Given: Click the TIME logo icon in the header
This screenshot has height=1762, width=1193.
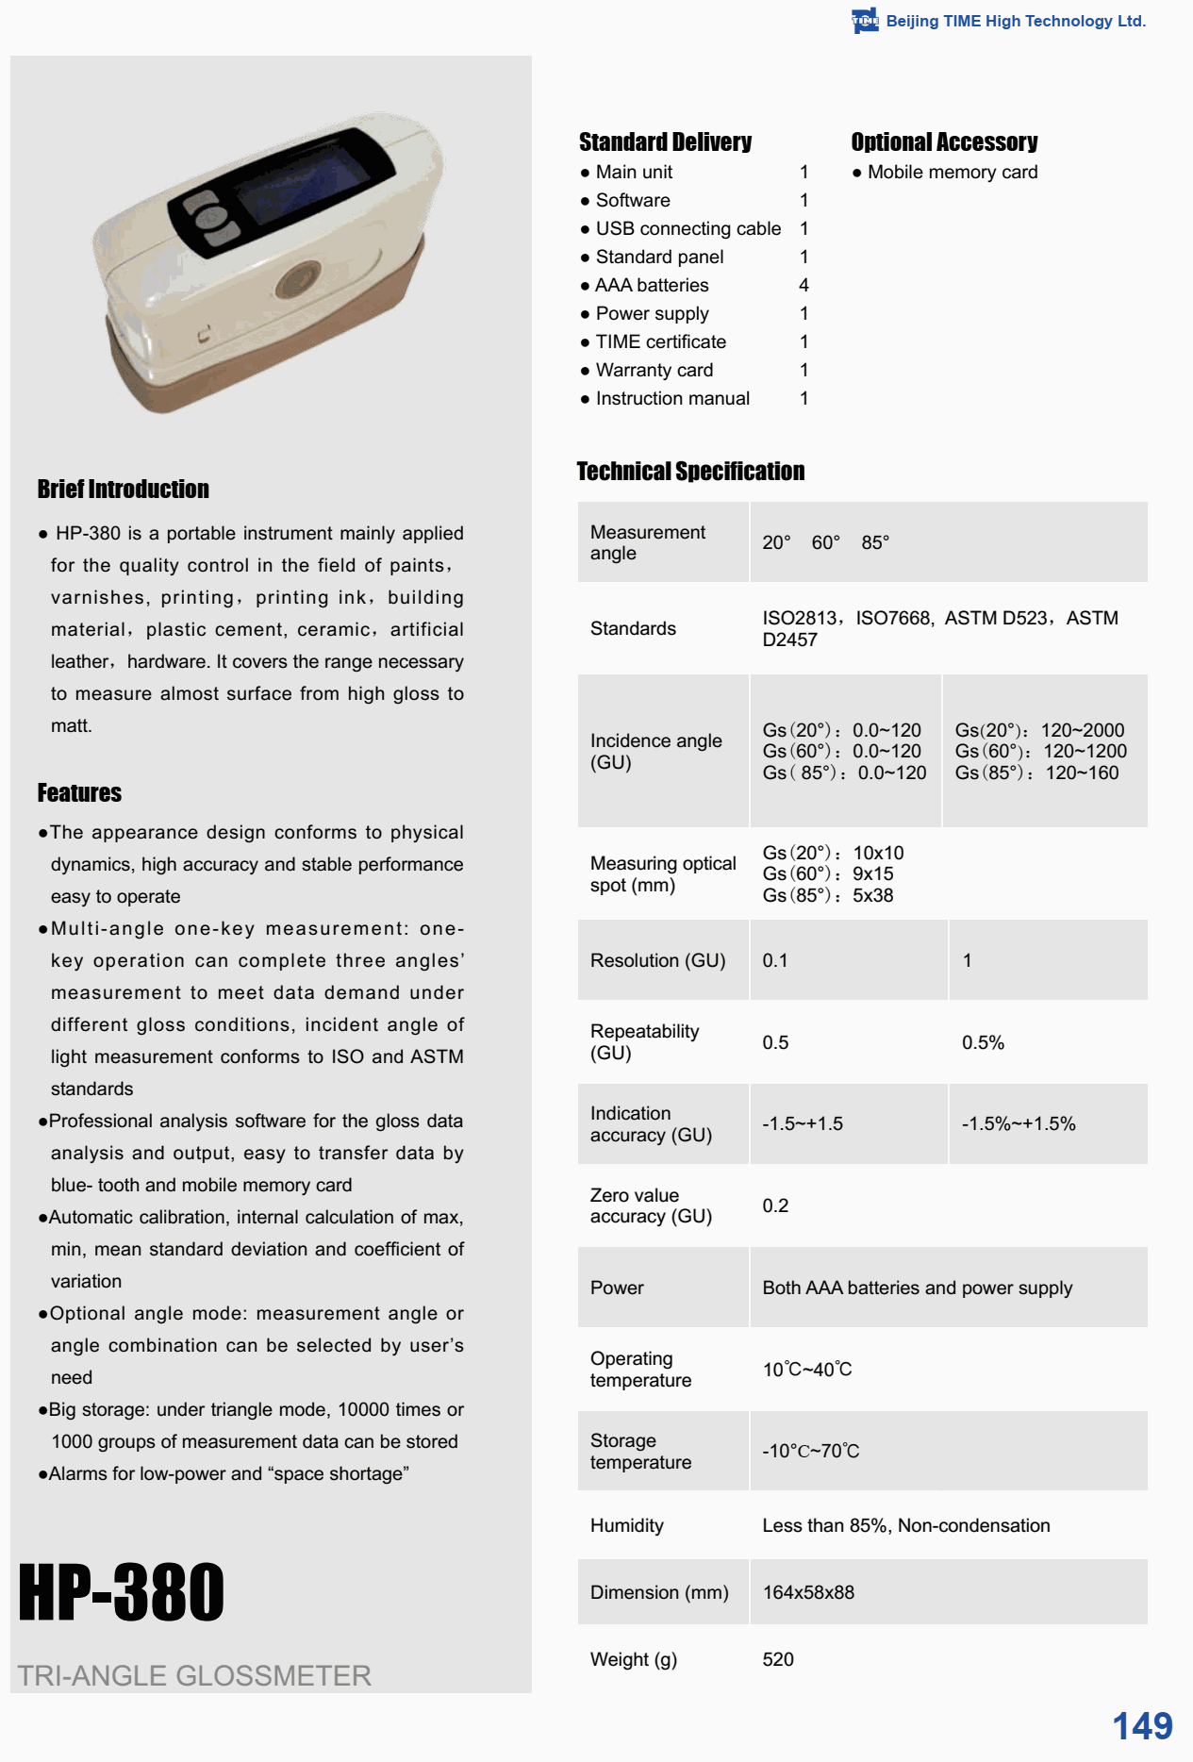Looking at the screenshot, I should (864, 21).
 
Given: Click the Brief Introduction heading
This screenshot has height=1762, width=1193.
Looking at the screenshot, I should (124, 489).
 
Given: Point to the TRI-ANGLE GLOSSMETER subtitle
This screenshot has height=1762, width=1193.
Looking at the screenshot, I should (194, 1675).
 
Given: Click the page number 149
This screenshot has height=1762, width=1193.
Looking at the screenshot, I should (1142, 1725).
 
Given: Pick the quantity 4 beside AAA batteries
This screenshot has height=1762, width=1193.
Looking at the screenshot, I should (804, 285).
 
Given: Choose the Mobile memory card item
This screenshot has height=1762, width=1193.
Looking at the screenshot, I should (953, 172).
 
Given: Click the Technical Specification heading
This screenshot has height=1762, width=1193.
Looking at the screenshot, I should (690, 471).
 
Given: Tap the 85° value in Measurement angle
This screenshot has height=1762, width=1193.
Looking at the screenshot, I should (875, 542).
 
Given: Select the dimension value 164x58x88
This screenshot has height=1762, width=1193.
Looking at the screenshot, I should (808, 1592).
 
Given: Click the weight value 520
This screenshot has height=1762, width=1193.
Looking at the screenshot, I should (778, 1659).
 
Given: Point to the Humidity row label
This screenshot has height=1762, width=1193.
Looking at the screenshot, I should (627, 1525).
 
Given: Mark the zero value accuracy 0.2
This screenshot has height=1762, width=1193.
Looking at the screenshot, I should (775, 1205).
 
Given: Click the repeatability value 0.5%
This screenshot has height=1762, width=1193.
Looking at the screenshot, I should (983, 1042).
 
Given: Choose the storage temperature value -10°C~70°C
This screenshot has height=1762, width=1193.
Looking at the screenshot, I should (811, 1451).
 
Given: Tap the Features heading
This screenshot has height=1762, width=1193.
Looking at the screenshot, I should (79, 792).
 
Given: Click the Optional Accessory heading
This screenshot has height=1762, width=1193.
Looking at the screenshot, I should (944, 141).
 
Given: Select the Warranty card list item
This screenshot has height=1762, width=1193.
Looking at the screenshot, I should (654, 370).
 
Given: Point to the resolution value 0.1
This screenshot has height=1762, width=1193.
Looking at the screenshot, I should (775, 960).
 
